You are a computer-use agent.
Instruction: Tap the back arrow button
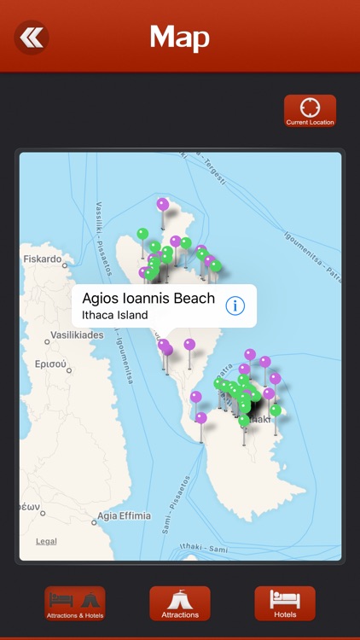point(32,38)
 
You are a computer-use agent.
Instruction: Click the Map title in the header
point(179,38)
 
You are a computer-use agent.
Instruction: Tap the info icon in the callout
point(235,305)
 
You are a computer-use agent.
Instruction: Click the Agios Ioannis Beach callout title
point(148,299)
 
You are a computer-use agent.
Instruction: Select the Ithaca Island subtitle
point(114,315)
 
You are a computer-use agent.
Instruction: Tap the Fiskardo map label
point(43,259)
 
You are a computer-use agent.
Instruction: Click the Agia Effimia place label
point(124,515)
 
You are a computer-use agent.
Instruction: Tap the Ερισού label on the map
point(50,364)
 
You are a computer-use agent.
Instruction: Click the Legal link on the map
point(46,541)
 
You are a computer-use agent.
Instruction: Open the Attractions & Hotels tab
point(75,603)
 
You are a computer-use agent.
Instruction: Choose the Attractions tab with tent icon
point(180,603)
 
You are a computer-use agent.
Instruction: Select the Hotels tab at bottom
point(285,603)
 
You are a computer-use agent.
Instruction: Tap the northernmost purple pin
point(163,205)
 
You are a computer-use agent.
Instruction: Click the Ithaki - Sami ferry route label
point(205,546)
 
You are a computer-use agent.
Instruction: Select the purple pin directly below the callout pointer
point(168,350)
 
